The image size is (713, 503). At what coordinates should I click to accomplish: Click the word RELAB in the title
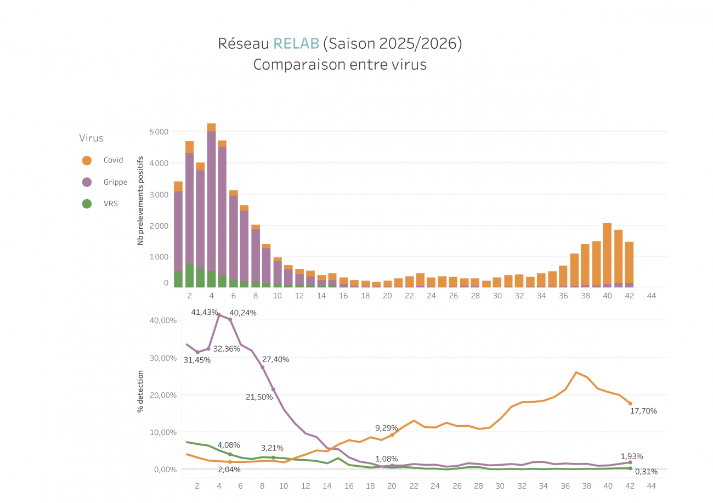(296, 44)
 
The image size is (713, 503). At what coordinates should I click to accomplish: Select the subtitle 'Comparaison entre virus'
(339, 65)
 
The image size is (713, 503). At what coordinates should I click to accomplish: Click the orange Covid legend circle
(87, 160)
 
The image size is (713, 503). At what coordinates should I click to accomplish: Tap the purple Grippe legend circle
(87, 182)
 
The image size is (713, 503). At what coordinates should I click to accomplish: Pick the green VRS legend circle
(87, 204)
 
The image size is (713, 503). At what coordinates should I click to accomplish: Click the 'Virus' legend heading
(91, 138)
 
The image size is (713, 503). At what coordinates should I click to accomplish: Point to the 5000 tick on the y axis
(159, 132)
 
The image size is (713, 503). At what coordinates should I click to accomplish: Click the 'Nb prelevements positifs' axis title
(141, 200)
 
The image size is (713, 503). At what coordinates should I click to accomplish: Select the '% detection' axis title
(141, 390)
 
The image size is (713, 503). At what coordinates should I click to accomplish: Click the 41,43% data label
(205, 312)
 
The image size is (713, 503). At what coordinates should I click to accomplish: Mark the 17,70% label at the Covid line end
(644, 411)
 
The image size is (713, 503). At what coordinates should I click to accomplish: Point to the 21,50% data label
(259, 397)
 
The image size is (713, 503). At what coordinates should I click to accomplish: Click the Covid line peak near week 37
(576, 372)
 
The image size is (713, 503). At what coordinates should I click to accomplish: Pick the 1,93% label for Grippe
(632, 456)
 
